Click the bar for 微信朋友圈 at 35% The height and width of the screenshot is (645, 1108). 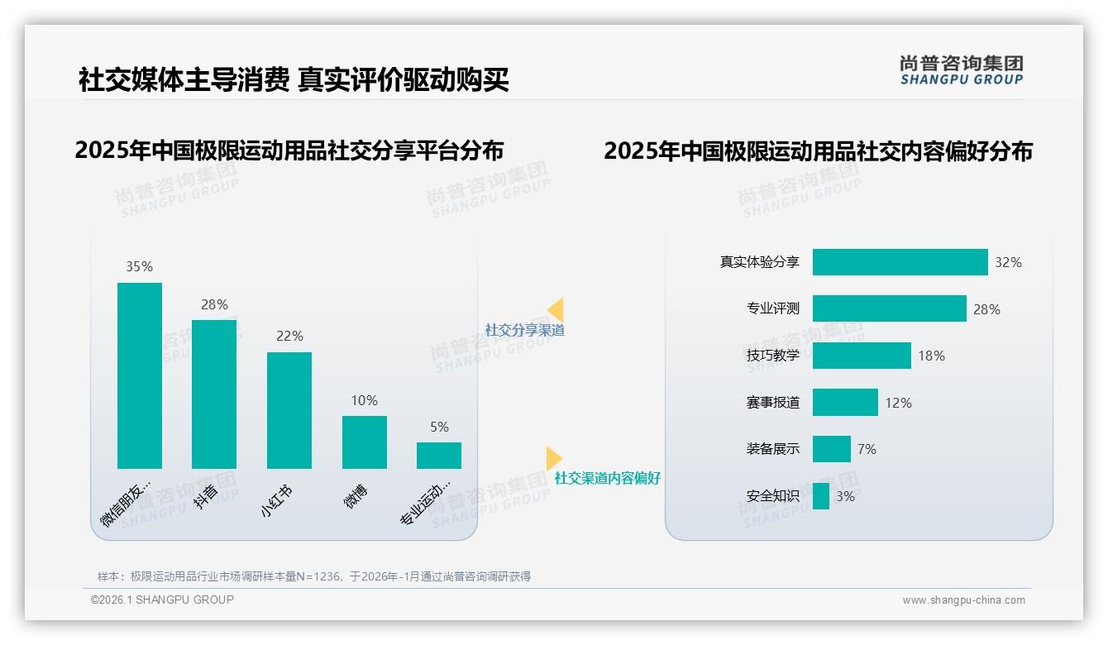[x=140, y=375]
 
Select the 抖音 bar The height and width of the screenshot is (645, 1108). [x=214, y=394]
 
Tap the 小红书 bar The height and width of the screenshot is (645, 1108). [x=289, y=410]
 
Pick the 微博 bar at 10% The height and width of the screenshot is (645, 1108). [x=365, y=442]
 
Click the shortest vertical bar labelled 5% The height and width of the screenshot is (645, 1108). [x=439, y=456]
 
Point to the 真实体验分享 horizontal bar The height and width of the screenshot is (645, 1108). [x=900, y=262]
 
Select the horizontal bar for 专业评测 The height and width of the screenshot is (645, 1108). [x=889, y=308]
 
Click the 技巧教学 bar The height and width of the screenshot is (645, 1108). [x=862, y=356]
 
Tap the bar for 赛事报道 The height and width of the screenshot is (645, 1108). [x=845, y=403]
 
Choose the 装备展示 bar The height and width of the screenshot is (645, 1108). [x=831, y=449]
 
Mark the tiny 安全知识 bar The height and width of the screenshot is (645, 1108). [x=821, y=496]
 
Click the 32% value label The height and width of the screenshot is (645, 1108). [x=1008, y=262]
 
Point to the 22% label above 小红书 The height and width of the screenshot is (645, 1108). [x=289, y=336]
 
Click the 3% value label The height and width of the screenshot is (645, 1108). [x=845, y=496]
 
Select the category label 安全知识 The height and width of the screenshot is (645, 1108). [x=772, y=496]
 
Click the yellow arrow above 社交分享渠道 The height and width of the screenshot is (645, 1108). [x=556, y=309]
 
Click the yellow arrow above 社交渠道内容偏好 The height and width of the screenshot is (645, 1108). [x=554, y=458]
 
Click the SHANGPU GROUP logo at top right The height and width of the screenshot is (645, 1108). [x=961, y=70]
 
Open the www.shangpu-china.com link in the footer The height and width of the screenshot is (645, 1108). [x=963, y=600]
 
